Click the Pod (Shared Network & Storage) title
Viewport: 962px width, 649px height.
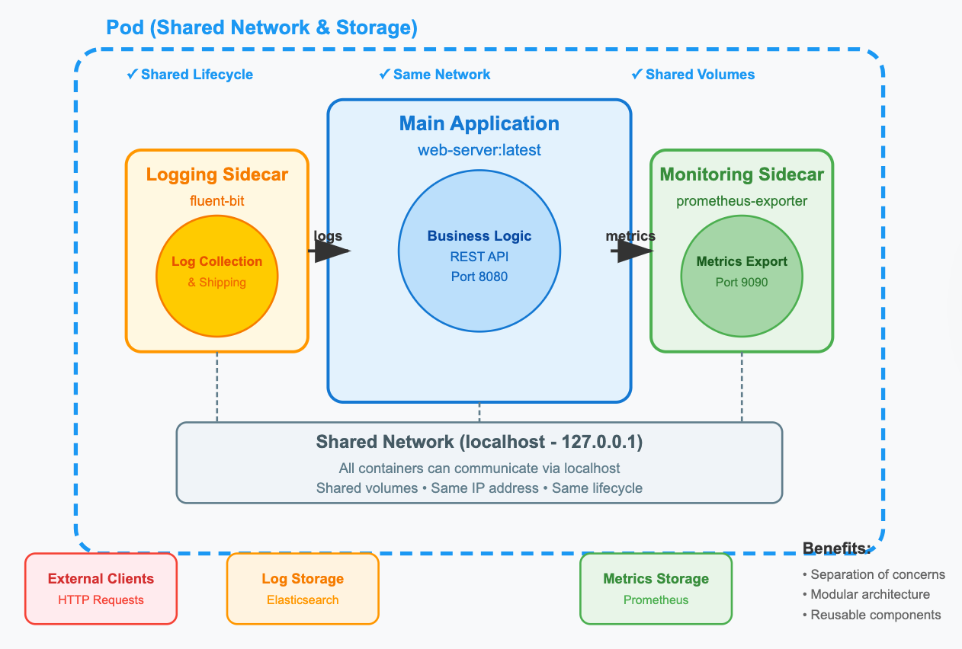pos(261,28)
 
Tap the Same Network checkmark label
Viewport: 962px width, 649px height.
pos(435,75)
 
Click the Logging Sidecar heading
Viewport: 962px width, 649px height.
pos(217,174)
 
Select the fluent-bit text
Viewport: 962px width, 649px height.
pos(217,201)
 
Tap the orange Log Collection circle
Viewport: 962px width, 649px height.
pos(217,273)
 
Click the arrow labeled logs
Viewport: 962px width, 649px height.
pos(329,251)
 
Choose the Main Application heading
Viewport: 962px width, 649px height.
pos(479,124)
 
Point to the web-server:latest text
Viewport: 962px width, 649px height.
pos(479,150)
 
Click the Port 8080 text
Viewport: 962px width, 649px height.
pos(479,277)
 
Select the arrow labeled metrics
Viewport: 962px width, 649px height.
pos(633,252)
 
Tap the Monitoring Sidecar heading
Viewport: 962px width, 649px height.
pos(742,174)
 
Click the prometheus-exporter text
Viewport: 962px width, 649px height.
pos(742,201)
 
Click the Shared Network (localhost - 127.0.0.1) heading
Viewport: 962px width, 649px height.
pos(479,443)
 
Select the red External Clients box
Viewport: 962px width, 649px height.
pos(101,588)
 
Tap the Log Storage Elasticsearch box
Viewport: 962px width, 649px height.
pos(303,588)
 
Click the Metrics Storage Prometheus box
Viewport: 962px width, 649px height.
pos(656,588)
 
